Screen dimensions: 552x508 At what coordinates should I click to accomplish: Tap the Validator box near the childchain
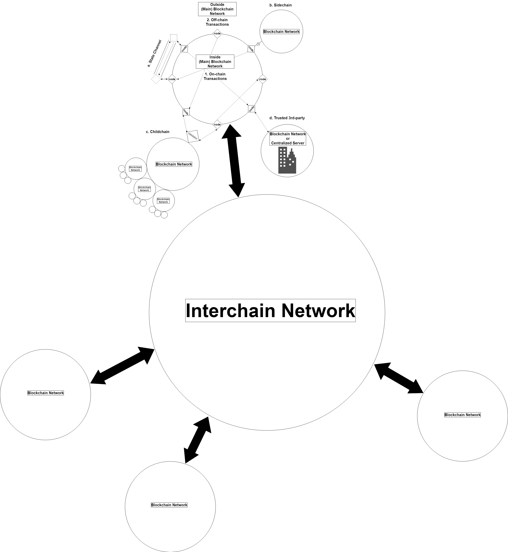193,136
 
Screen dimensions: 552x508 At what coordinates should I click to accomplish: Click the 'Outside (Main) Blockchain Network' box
217,9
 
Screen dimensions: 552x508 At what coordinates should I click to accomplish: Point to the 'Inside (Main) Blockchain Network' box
215,62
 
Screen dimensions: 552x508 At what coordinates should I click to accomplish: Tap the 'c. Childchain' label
158,132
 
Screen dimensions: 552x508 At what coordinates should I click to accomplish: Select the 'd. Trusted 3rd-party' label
287,118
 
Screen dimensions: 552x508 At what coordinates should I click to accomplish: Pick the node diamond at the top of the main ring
217,34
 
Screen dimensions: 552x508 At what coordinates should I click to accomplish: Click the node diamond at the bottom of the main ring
217,125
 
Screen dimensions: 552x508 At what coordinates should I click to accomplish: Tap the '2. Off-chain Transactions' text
217,22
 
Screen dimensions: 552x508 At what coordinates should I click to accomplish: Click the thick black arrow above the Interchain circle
233,161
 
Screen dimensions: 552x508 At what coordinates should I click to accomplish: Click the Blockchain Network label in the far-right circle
462,415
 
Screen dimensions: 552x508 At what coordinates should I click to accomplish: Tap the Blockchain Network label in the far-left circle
46,393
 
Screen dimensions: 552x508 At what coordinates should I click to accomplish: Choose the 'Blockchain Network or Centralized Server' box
288,138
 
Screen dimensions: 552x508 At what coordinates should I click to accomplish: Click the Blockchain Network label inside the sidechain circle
281,32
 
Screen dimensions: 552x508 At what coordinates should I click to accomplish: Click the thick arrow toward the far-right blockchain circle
399,378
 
